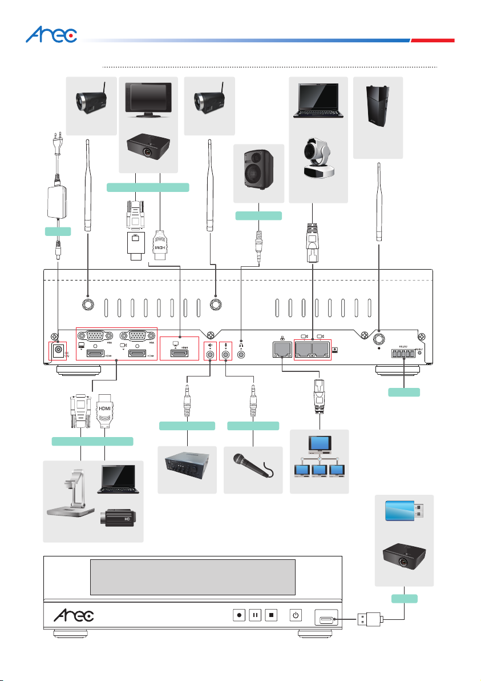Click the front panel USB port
pos(327,617)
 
